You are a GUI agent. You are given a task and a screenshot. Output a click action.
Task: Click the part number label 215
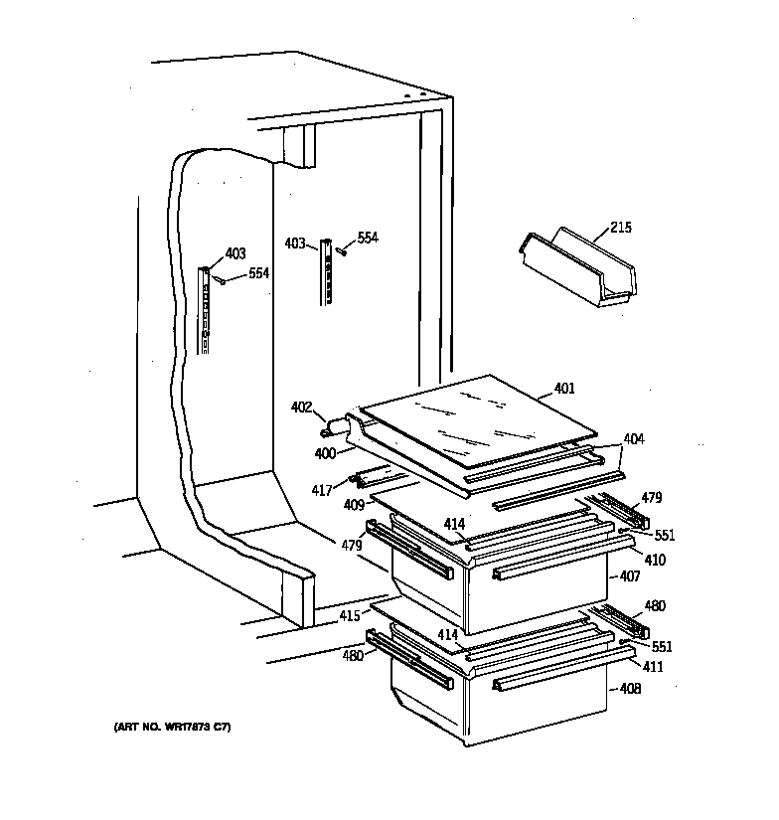click(619, 228)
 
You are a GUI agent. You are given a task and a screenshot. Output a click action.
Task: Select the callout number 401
click(563, 389)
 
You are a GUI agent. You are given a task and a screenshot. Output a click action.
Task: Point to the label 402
click(301, 407)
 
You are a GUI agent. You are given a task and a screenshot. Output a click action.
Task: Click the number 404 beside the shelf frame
click(633, 438)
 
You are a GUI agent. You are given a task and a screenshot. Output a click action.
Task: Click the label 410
click(655, 561)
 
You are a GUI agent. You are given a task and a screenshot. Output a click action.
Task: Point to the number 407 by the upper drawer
click(629, 575)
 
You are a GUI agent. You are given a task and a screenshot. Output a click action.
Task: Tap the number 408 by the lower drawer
click(629, 689)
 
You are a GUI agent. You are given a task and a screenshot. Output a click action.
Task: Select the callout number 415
click(349, 617)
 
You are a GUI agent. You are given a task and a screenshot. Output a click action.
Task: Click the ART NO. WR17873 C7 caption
click(172, 729)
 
